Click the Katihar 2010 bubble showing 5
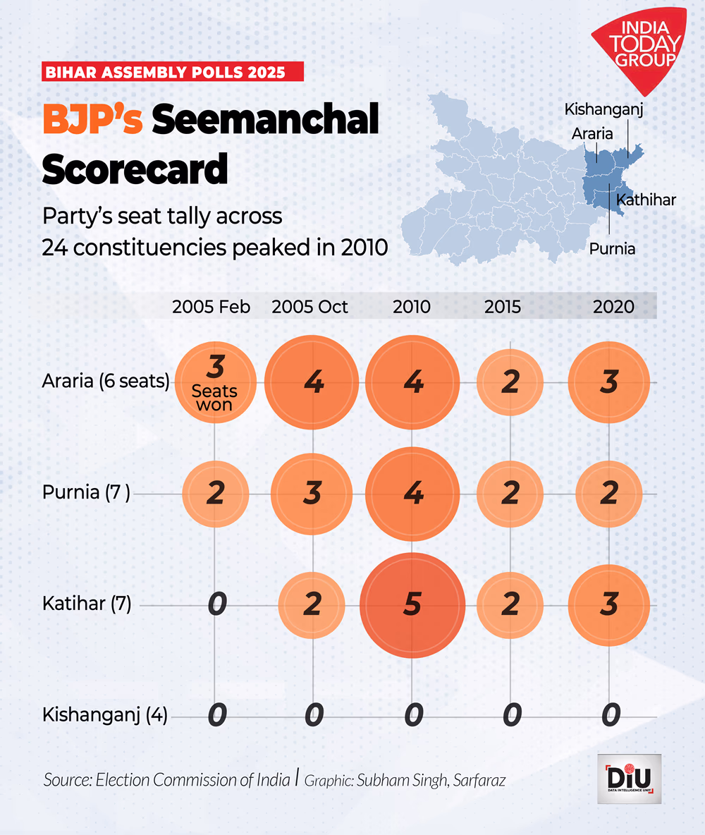tap(412, 605)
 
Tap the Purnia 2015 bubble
tap(510, 494)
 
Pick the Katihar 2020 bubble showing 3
tap(608, 605)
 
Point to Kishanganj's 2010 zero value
tap(413, 716)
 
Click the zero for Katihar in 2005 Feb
tap(216, 605)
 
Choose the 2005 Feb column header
tap(211, 307)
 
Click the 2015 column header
tap(503, 307)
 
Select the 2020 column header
tap(613, 307)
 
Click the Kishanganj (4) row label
tap(105, 716)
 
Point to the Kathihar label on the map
tap(646, 200)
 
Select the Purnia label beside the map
tap(612, 248)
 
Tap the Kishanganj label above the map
tap(604, 109)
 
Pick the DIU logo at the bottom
tap(629, 779)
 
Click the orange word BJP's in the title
tap(92, 119)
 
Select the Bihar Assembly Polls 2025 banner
tap(173, 71)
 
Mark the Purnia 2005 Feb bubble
tap(215, 494)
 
